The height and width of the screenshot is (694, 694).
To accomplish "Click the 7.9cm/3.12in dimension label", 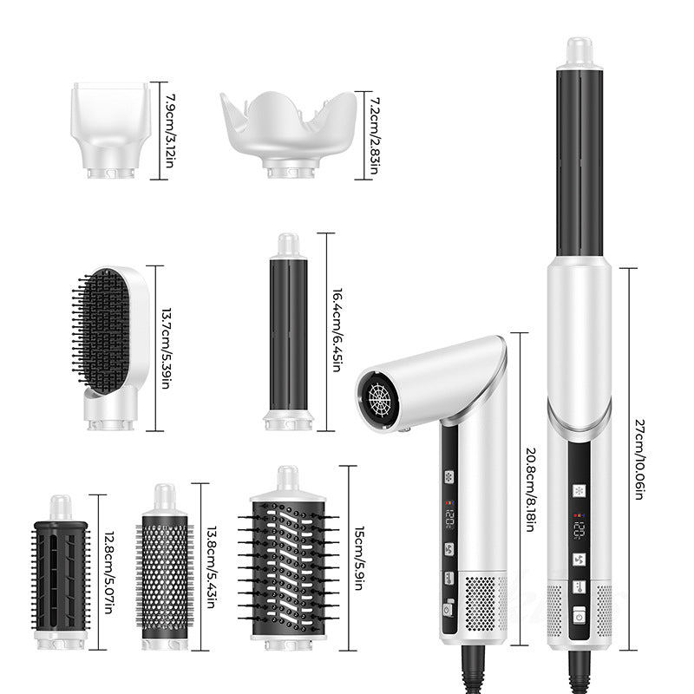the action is click(169, 131).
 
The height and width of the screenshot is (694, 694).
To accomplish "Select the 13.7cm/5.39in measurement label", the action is click(166, 349).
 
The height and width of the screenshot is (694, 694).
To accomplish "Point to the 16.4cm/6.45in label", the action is click(337, 331).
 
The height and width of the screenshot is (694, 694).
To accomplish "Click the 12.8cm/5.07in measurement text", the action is click(109, 573).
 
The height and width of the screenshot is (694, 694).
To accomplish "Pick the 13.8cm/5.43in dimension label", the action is click(212, 567).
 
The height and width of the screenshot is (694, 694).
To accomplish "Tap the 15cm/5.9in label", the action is click(359, 558).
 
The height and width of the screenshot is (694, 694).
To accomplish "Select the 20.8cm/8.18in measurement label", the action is click(532, 490).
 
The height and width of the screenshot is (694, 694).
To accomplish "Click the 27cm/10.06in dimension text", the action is click(639, 460).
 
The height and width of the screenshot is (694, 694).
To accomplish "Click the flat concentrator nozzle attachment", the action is click(110, 130).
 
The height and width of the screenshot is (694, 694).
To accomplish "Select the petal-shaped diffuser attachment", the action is click(288, 134).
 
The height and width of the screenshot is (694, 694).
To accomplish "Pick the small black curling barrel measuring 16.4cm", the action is click(289, 332).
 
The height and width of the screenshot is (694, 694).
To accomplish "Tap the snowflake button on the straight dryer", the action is click(579, 491).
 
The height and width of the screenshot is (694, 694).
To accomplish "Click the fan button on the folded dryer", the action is click(449, 549).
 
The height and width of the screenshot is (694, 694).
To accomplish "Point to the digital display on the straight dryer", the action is click(579, 529).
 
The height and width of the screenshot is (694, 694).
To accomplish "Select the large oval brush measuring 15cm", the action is click(289, 558).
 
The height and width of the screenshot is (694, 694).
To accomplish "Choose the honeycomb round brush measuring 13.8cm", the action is click(165, 567).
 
